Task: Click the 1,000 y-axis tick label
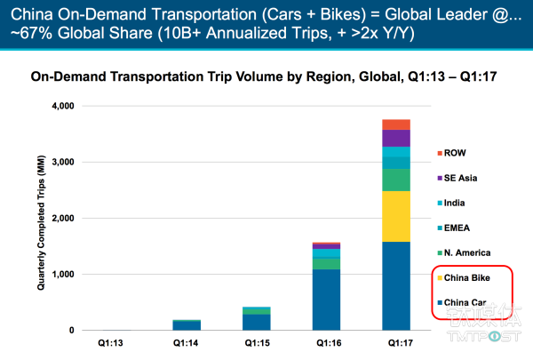(x=61, y=275)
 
